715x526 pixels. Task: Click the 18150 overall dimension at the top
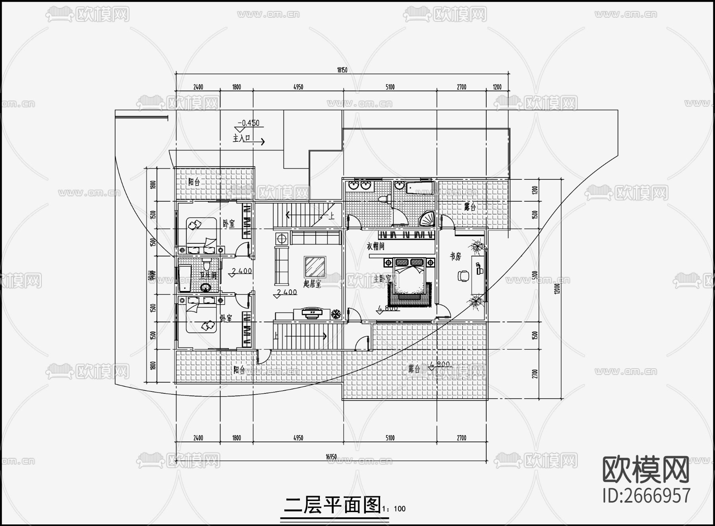coord(342,70)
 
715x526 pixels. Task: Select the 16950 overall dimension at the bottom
coord(331,457)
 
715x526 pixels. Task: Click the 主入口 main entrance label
coord(242,139)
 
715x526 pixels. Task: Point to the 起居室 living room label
coord(312,283)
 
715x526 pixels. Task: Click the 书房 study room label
coord(455,256)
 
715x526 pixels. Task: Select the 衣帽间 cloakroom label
coord(375,246)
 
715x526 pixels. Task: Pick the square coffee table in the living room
coord(315,267)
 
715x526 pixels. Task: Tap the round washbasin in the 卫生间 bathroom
coord(206,287)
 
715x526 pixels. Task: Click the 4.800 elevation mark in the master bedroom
coord(388,308)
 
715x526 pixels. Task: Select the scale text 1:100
coord(394,509)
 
